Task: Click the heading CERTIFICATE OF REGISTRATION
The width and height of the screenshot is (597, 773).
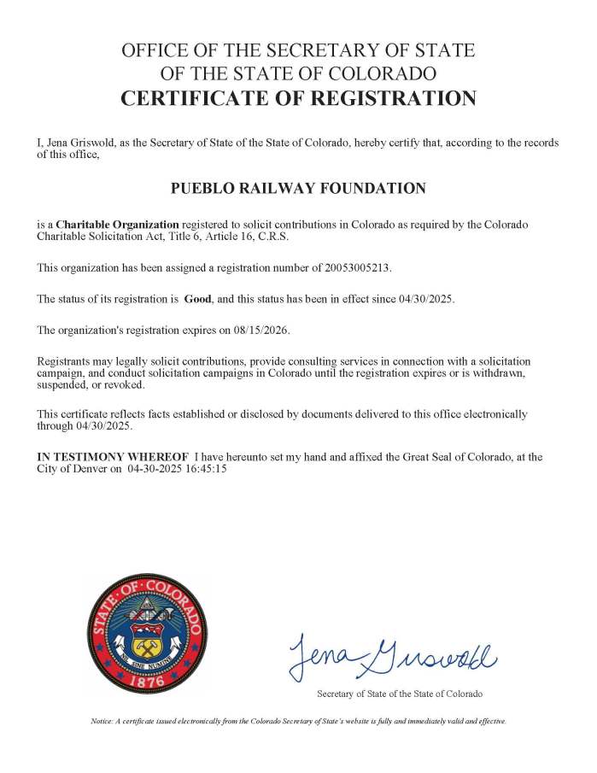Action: click(298, 98)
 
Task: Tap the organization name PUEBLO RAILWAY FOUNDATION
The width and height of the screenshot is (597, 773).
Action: click(298, 188)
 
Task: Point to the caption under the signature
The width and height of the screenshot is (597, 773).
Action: click(399, 694)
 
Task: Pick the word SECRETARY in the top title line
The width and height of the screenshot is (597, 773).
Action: click(273, 50)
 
